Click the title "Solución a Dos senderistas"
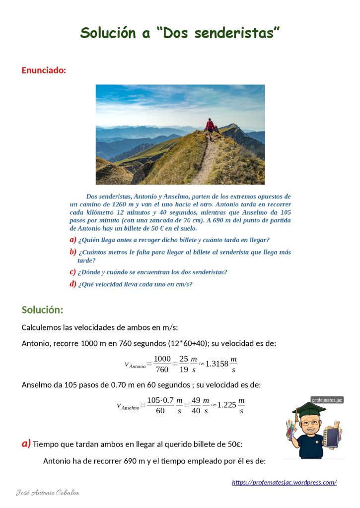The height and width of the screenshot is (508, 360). tap(180, 33)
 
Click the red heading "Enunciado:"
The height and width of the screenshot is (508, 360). tap(44, 70)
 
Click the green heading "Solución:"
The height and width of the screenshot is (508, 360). tap(42, 310)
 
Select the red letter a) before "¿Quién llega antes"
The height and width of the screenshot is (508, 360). tap(73, 240)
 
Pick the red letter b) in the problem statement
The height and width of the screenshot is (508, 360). tap(73, 252)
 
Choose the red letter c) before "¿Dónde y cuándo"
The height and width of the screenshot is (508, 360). tap(73, 272)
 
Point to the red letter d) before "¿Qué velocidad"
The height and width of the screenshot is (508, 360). tap(73, 284)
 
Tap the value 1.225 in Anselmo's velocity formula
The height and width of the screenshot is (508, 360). tap(223, 404)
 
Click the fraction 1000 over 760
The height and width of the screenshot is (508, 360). tap(162, 364)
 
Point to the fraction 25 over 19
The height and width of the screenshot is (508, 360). tap(184, 364)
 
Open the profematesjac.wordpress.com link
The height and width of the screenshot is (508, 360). tap(284, 482)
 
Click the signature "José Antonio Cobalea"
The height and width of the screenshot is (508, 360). tap(48, 493)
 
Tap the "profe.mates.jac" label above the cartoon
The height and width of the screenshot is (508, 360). tap(327, 400)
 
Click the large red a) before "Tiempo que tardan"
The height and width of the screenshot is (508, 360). tap(26, 443)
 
